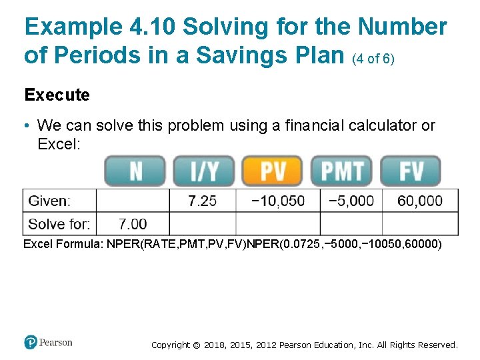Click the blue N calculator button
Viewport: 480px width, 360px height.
point(135,171)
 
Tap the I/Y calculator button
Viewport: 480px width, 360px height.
point(204,171)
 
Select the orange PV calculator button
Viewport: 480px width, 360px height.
point(273,171)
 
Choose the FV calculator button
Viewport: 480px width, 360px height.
point(411,171)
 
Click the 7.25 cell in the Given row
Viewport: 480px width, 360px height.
point(202,201)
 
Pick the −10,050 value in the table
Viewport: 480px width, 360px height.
point(278,201)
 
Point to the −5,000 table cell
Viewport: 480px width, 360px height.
point(351,201)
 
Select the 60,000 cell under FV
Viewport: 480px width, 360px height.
point(420,201)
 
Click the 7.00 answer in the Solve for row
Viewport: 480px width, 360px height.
point(133,224)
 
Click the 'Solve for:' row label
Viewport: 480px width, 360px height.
point(60,224)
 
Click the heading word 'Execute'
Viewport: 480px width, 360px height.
point(57,95)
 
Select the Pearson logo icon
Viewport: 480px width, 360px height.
point(31,343)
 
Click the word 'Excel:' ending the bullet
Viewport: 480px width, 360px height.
point(59,143)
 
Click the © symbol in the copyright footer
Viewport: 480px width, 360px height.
point(197,345)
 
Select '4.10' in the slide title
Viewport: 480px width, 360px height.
point(152,27)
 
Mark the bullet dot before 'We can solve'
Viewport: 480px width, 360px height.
point(27,126)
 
